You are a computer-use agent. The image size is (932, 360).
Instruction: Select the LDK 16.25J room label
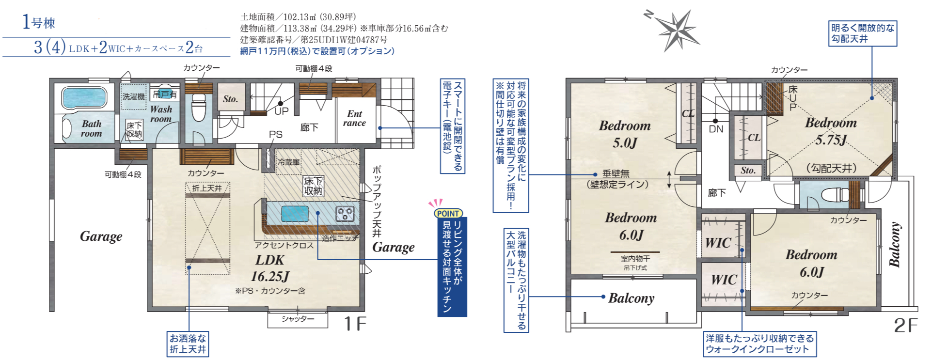269,268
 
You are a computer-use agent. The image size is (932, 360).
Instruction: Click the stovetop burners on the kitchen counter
345,213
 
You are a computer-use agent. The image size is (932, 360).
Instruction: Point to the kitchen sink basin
295,214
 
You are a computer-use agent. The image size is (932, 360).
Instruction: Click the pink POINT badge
448,213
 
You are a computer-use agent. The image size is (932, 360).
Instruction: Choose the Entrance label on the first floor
354,118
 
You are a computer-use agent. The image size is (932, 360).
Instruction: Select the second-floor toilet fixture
835,195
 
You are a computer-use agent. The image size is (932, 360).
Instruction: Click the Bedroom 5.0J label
625,134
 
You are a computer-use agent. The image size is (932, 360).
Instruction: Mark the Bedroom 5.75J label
831,131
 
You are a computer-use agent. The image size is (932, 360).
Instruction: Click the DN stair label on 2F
716,129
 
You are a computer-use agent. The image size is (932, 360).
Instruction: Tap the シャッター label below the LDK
298,319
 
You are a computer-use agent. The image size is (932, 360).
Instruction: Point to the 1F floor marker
355,324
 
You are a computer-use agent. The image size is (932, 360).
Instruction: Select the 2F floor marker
905,325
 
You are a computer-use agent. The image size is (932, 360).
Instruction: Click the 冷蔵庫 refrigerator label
289,162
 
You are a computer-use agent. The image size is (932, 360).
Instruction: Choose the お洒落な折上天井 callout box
188,344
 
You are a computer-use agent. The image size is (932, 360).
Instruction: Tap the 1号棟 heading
39,22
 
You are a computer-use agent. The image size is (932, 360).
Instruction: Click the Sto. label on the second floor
748,170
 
